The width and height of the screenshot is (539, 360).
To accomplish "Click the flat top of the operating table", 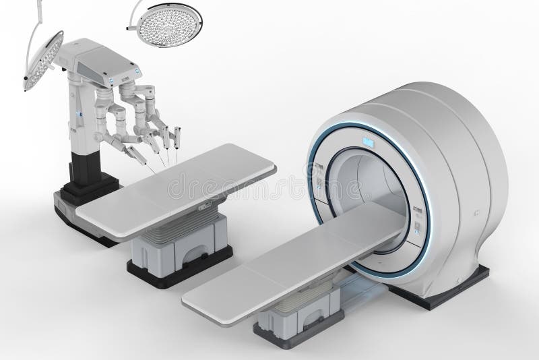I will (x=175, y=192).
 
